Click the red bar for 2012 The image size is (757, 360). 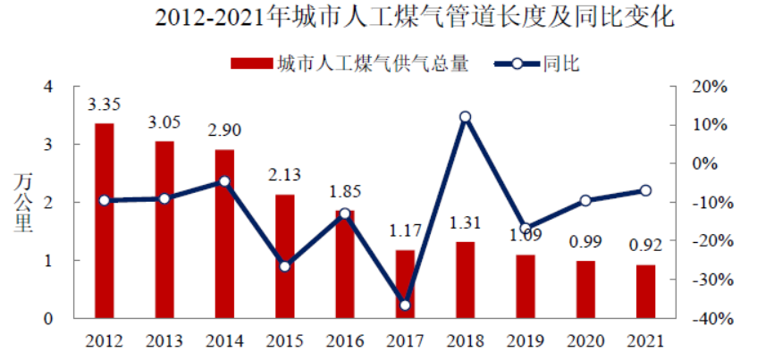coord(105,221)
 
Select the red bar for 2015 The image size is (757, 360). coord(284,256)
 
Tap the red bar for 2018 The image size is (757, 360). coord(465,280)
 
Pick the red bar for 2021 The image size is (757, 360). coord(645,291)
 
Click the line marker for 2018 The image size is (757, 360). coord(465,117)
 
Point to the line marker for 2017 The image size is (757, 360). coord(405,306)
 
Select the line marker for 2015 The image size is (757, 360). coord(284,266)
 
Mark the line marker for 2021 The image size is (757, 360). coord(645,190)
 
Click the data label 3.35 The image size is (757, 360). coord(105,105)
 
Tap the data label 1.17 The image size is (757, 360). coord(405,231)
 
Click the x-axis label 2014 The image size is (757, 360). coord(224,341)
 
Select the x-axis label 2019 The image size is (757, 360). coord(525,341)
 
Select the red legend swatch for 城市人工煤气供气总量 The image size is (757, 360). coord(250,63)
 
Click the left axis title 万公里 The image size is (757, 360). coord(24,203)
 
